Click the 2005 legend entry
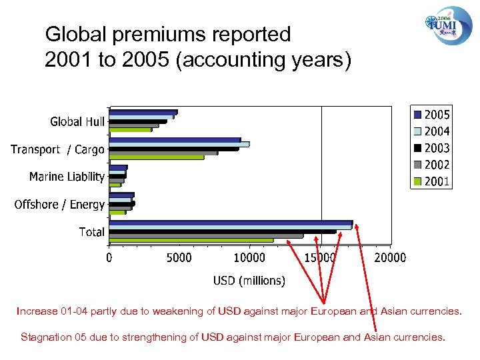click(x=432, y=115)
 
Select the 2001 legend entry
click(x=432, y=181)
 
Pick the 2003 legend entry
click(x=432, y=148)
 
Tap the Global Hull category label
click(x=77, y=121)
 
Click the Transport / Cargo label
click(x=57, y=149)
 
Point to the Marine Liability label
click(x=67, y=177)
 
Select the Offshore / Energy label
click(x=59, y=205)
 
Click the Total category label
click(x=92, y=232)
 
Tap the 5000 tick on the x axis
click(x=178, y=257)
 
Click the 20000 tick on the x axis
click(x=390, y=257)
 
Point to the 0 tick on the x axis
click(x=110, y=257)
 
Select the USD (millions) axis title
click(x=249, y=281)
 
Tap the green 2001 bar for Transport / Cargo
click(x=157, y=157)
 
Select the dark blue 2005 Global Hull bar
click(x=143, y=112)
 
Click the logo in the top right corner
click(x=449, y=25)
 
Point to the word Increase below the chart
click(x=37, y=311)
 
